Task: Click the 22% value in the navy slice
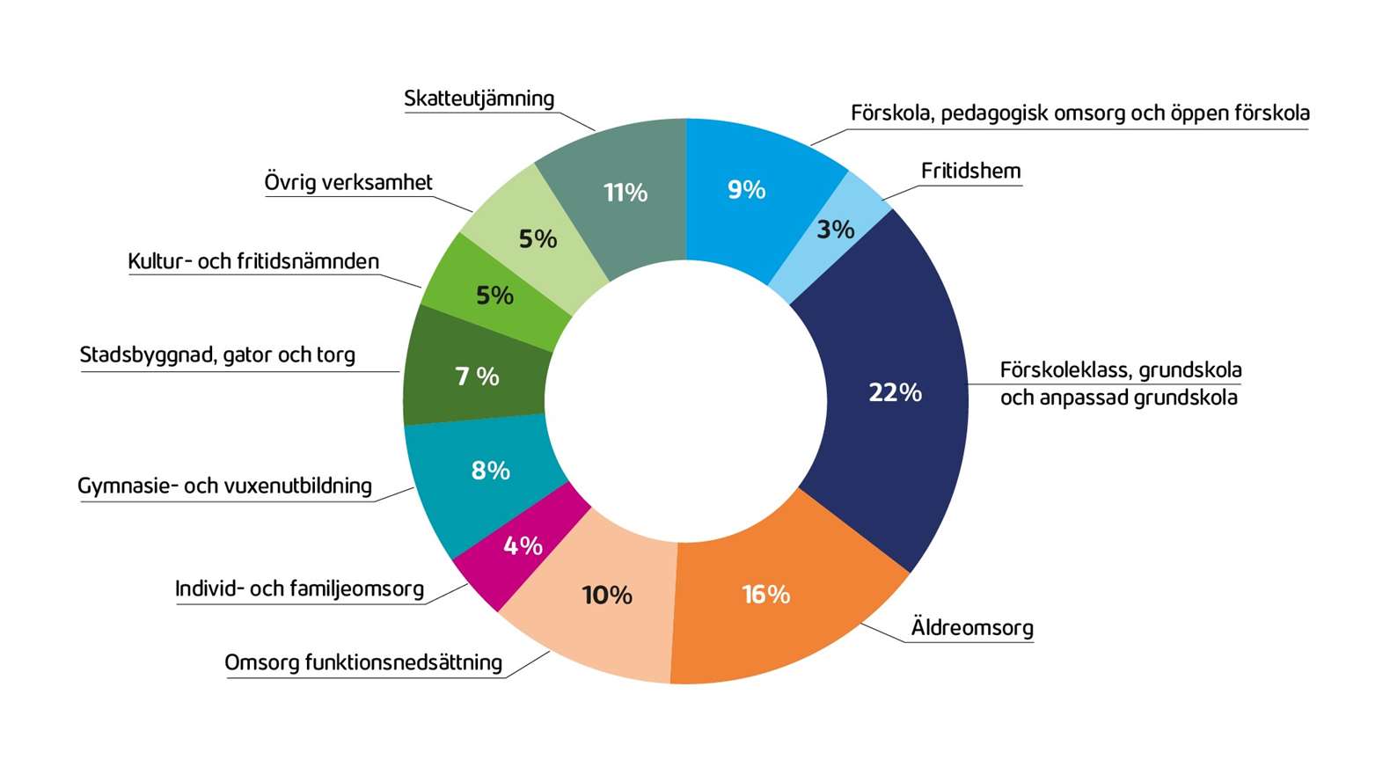[x=895, y=392]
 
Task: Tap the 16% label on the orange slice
[x=765, y=595]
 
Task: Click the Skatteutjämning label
[x=479, y=99]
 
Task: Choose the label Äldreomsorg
[x=971, y=628]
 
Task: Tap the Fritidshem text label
[x=970, y=171]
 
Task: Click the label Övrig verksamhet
[x=348, y=182]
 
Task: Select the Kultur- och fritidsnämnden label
[x=253, y=261]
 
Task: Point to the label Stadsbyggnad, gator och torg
[x=217, y=354]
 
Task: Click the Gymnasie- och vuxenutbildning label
[x=224, y=486]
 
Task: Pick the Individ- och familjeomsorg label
[x=299, y=588]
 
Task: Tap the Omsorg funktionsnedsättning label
[x=363, y=662]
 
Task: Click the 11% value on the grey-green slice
[x=625, y=193]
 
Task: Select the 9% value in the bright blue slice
[x=746, y=190]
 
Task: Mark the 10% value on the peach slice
[x=607, y=596]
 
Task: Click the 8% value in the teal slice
[x=490, y=471]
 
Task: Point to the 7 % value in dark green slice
[x=477, y=376]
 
